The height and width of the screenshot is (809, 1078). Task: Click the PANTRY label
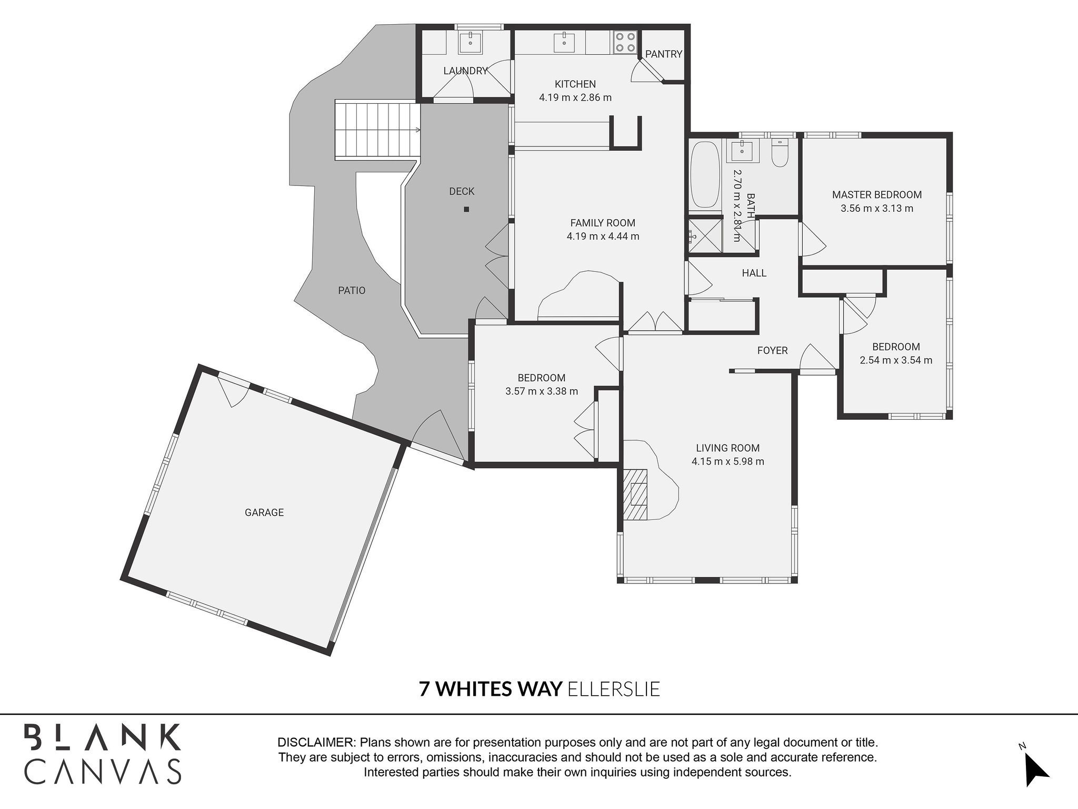tap(663, 54)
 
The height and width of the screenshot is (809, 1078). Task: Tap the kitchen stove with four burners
tap(625, 42)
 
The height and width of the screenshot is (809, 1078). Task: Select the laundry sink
tap(470, 42)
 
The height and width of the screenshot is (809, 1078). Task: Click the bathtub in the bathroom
tap(705, 174)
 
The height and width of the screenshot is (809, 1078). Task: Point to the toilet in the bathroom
tap(780, 153)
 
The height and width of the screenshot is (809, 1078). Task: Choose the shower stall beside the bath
tap(705, 236)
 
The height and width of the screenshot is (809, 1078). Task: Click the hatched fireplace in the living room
tap(636, 494)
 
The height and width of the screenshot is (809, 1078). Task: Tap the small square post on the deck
tap(466, 209)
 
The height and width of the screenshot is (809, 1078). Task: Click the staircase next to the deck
tap(378, 130)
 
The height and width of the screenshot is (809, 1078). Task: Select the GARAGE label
tap(264, 512)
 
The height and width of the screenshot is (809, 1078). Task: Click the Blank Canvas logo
tap(103, 754)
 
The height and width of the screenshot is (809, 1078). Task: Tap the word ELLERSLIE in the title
tap(614, 689)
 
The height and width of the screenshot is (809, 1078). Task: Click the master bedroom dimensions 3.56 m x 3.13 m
tap(877, 208)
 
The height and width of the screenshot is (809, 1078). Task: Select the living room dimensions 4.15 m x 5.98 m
tap(728, 462)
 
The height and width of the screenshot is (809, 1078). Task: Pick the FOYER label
tap(772, 350)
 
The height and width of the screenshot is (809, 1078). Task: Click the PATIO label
tap(352, 290)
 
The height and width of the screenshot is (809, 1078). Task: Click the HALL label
tap(754, 273)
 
